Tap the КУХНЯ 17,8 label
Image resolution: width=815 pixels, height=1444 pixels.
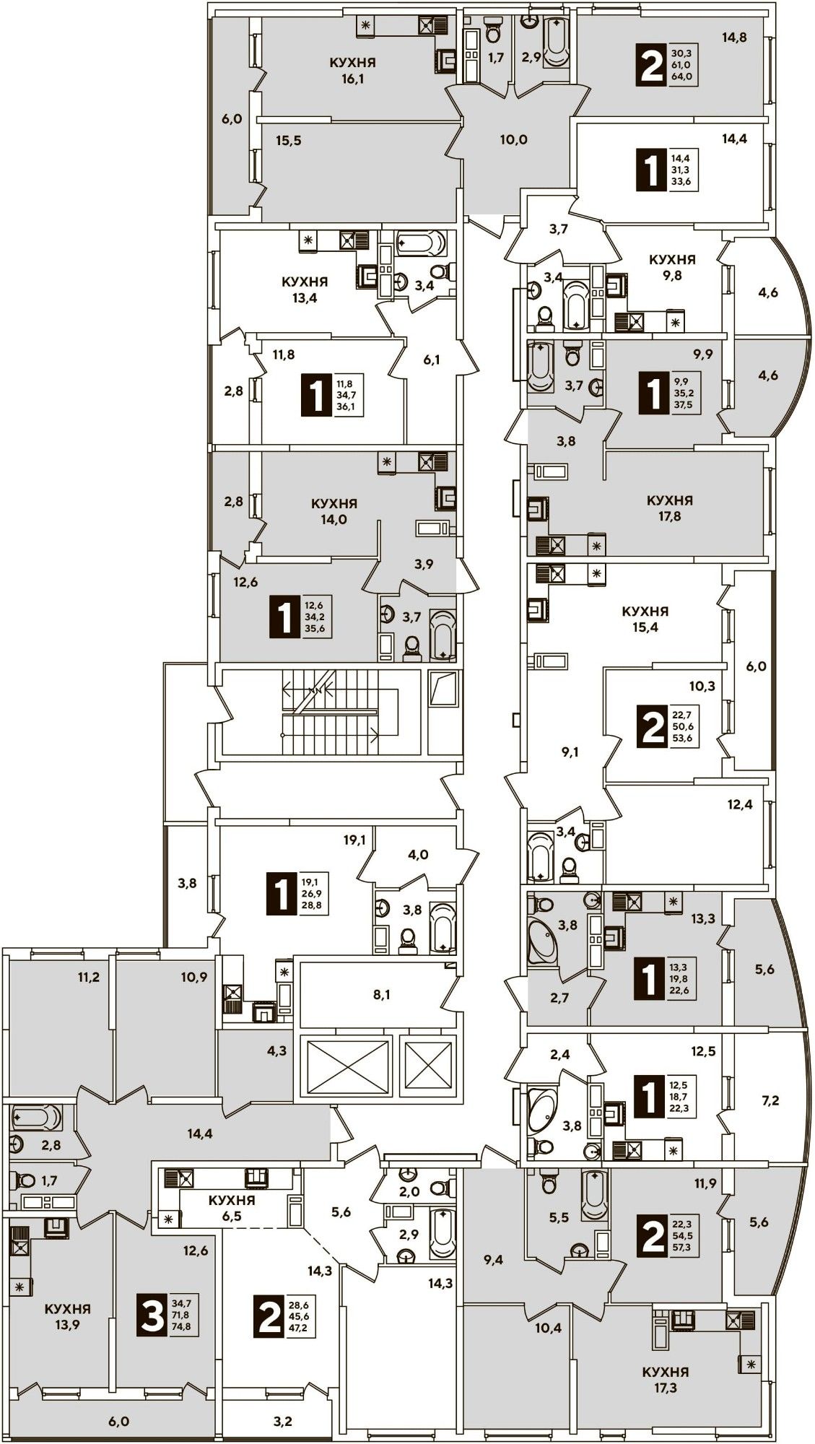(x=669, y=508)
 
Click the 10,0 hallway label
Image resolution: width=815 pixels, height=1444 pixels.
(x=513, y=139)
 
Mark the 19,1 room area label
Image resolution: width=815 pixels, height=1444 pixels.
(x=354, y=840)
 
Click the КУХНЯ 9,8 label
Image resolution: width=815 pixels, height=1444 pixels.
(x=672, y=266)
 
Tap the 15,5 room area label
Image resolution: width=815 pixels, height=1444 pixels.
(x=288, y=140)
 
